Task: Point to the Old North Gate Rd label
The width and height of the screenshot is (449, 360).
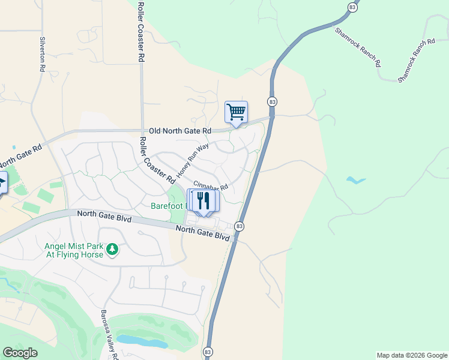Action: point(180,130)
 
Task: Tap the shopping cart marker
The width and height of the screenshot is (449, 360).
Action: point(237,112)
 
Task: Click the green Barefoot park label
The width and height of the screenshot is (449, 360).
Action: point(169,206)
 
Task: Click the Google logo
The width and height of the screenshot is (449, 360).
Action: point(20,353)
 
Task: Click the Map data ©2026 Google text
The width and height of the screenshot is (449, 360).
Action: point(411,355)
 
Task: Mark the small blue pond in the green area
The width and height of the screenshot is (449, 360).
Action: point(357,180)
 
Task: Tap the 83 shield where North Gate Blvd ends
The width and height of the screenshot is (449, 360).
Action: point(240,226)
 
